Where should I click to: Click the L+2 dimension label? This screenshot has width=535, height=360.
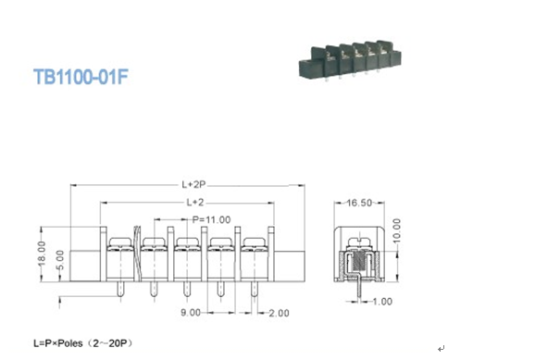194,202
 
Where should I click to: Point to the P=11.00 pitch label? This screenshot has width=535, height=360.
212,219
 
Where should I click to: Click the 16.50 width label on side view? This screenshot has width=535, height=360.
359,202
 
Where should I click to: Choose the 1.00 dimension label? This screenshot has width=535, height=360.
381,301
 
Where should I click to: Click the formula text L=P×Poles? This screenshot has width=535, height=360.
64,343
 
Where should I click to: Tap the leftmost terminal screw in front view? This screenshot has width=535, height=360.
119,245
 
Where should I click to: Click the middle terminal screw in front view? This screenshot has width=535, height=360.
187,245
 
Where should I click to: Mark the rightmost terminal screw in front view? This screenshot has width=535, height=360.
255,245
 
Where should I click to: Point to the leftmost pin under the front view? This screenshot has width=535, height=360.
119,291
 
